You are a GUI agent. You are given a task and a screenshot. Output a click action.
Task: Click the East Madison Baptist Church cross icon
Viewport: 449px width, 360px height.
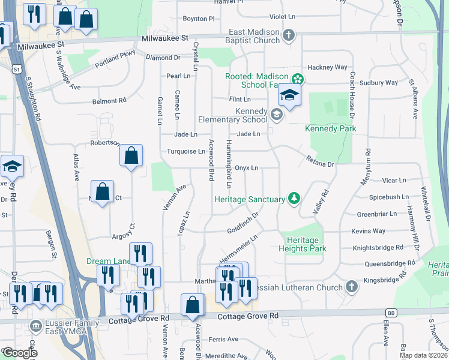[x=289, y=34]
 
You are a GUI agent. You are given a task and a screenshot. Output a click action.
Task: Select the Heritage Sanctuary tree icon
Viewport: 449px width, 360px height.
[x=294, y=198]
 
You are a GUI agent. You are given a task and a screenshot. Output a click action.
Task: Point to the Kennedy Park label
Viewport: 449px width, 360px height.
[x=330, y=128]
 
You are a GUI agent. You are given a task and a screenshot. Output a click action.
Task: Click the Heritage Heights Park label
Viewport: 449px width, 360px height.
[x=303, y=244]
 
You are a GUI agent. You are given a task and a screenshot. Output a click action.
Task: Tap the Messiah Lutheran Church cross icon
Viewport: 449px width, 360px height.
[x=351, y=287]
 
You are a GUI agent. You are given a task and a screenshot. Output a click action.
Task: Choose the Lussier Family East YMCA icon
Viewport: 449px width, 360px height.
[x=35, y=326]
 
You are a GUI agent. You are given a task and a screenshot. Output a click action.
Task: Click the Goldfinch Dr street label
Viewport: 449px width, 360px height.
[x=243, y=223]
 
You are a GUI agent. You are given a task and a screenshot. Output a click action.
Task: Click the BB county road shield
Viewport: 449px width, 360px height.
[x=391, y=313]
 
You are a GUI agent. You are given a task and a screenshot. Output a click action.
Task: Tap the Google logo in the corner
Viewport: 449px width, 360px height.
[x=19, y=353]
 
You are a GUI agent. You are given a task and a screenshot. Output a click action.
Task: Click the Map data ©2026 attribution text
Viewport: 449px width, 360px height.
[x=423, y=355]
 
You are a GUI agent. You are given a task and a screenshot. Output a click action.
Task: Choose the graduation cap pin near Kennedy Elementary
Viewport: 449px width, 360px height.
[x=289, y=95]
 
